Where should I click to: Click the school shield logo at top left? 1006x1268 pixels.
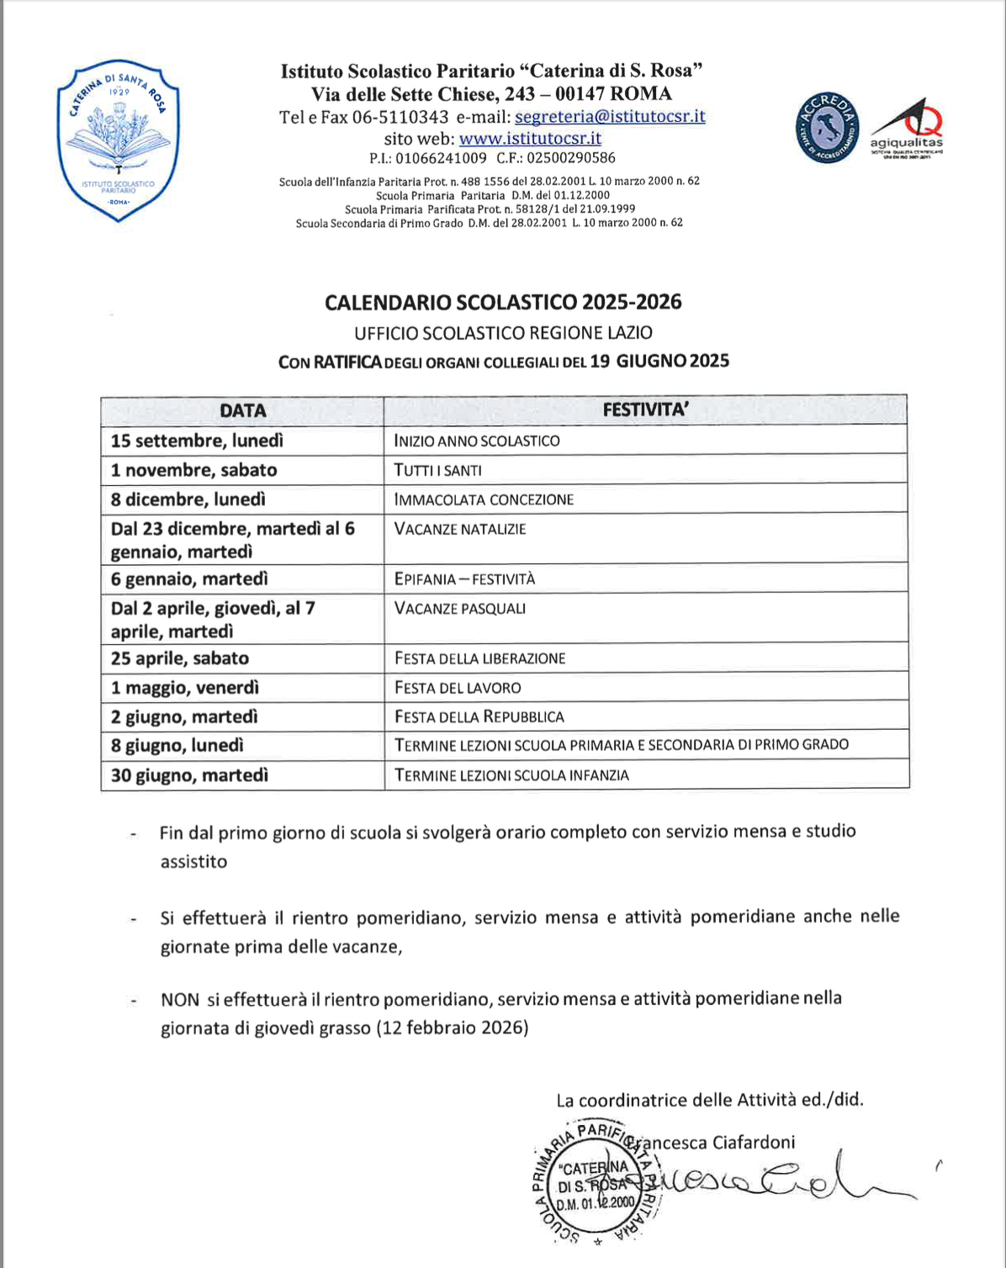click(118, 140)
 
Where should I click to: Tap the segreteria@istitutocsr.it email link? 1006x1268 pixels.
click(610, 117)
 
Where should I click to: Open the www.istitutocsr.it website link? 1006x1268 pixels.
click(530, 138)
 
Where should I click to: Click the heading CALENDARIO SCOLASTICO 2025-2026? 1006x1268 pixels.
click(503, 302)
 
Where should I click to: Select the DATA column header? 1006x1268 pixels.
click(242, 410)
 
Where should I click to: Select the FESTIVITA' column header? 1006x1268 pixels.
click(645, 410)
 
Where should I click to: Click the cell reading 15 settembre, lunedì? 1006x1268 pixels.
click(198, 441)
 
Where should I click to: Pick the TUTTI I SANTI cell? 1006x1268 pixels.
click(438, 470)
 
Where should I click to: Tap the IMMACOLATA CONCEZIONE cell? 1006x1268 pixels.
click(484, 499)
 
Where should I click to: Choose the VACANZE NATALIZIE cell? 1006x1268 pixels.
click(460, 530)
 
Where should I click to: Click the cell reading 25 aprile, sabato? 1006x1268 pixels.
click(180, 658)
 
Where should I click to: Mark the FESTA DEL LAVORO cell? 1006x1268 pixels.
click(458, 688)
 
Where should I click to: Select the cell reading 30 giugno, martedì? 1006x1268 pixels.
click(190, 775)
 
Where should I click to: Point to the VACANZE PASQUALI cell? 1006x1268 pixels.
click(460, 609)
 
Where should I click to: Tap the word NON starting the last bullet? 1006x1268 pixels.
click(180, 999)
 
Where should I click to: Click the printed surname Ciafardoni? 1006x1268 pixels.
click(754, 1142)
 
